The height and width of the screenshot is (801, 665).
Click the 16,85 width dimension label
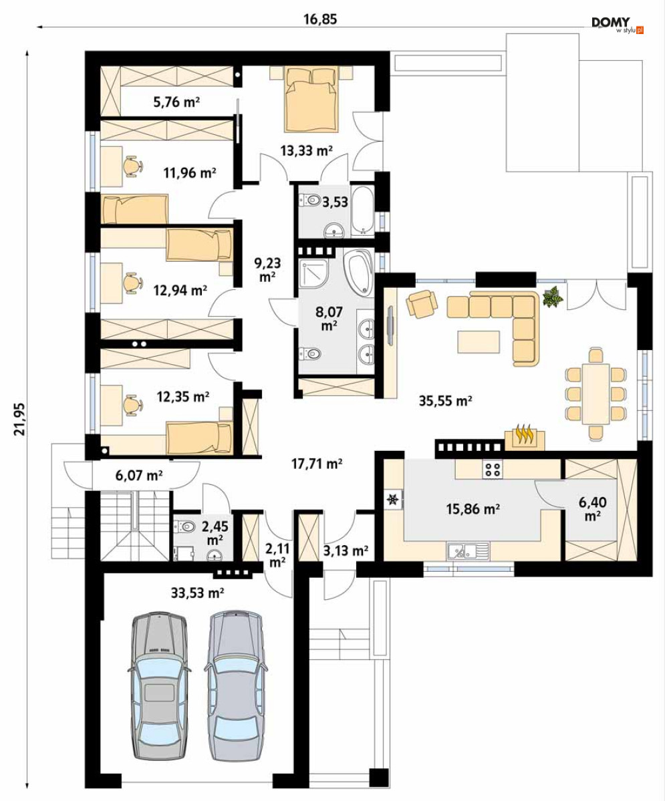[320, 19]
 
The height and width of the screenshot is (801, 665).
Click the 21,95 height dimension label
[19, 419]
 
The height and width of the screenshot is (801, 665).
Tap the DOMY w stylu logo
[618, 25]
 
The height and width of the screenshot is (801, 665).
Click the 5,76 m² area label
[176, 102]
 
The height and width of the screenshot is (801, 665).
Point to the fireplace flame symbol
[525, 435]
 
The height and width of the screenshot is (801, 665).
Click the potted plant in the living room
[553, 297]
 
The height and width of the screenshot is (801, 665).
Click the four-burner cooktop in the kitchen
[492, 470]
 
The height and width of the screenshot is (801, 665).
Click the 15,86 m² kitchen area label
[473, 509]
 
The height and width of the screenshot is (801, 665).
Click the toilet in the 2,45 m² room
[184, 526]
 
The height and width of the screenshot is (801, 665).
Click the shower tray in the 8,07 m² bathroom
[315, 273]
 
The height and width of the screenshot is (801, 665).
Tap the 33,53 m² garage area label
[197, 593]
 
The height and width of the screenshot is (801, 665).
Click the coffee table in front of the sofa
[479, 342]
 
